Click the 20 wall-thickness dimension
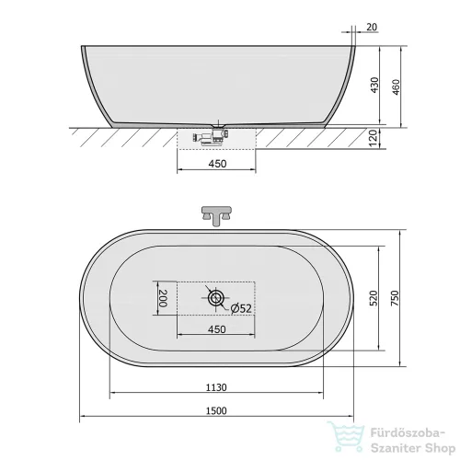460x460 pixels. click(372, 27)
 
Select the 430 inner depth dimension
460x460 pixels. click(374, 86)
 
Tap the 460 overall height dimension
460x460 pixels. click(396, 87)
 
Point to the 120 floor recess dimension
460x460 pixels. click(373, 138)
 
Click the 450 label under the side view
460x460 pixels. click(217, 164)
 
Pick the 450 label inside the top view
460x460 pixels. click(217, 329)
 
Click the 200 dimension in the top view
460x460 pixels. click(163, 298)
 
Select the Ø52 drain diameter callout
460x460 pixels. click(241, 308)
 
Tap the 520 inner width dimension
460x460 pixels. click(374, 298)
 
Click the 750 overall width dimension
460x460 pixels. click(395, 298)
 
